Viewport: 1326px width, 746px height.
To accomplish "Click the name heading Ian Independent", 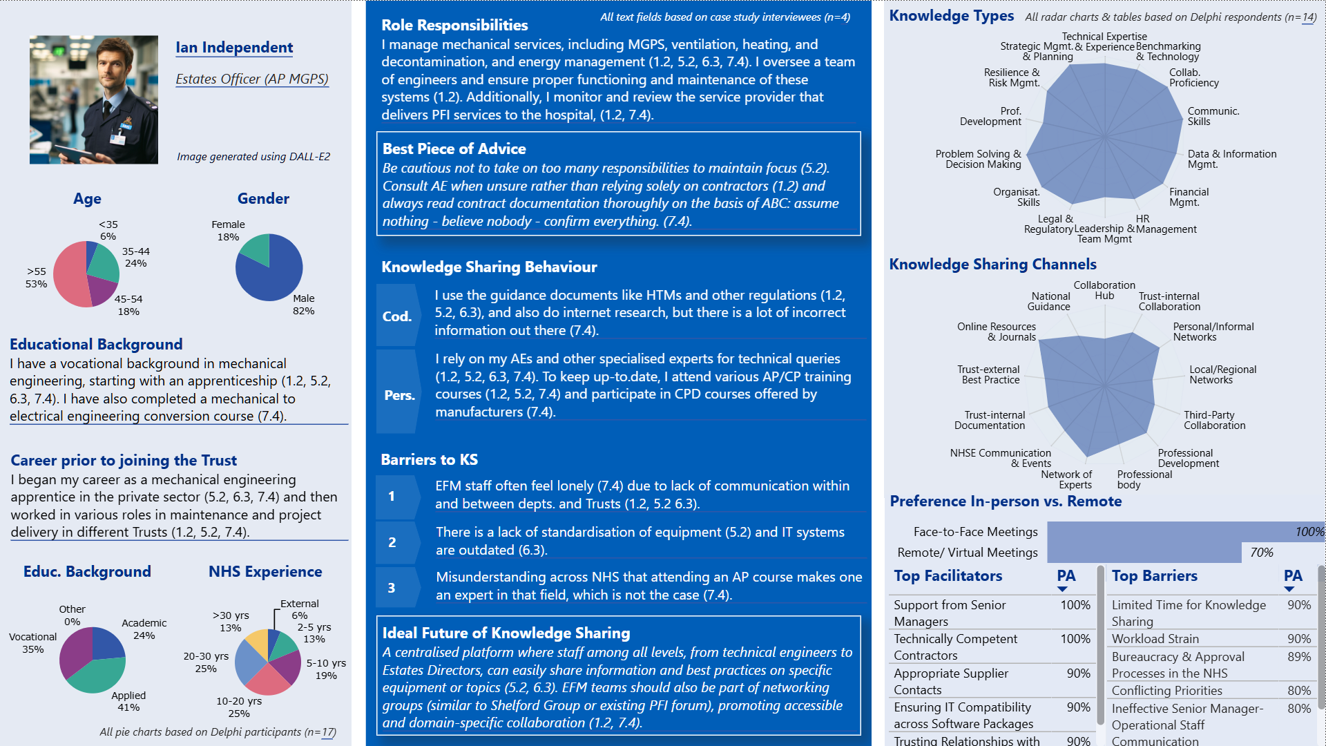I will (234, 48).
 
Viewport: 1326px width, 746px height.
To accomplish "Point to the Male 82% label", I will (303, 305).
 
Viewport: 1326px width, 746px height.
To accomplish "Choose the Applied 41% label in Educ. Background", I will (128, 701).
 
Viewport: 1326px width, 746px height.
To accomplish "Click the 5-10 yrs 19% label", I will (326, 669).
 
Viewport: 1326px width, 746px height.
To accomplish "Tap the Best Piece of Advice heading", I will (454, 149).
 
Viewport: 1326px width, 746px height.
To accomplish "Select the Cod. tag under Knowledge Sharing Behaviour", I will (397, 316).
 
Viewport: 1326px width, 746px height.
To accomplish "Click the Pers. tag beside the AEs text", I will (399, 395).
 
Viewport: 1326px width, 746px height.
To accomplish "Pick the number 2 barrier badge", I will (392, 542).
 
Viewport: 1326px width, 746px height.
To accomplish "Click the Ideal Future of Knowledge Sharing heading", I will (506, 633).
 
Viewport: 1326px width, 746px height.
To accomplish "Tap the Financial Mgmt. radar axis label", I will (1189, 197).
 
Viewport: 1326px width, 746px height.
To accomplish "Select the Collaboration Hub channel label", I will (1104, 290).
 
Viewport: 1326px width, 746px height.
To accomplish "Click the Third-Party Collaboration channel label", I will (1214, 420).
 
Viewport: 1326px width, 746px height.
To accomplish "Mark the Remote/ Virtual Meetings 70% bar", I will (1144, 553).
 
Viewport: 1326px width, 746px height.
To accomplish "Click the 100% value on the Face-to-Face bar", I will (1309, 532).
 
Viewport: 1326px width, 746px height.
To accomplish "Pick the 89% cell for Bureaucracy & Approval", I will (1298, 657).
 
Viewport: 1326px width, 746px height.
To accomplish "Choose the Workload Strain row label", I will (1155, 639).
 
